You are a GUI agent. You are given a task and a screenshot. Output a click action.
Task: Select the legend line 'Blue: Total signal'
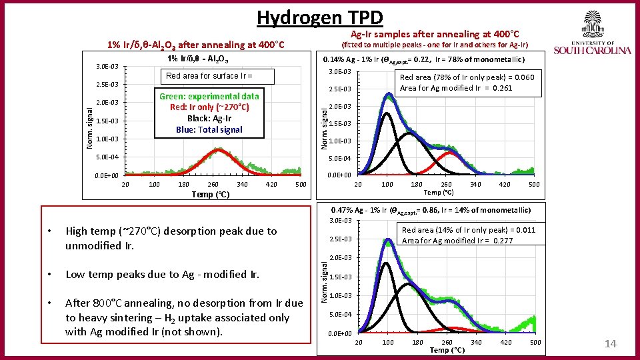click(209, 129)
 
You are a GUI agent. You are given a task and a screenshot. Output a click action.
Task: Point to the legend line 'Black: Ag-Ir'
click(209, 118)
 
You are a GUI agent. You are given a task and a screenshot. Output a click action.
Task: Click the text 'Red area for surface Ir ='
click(209, 76)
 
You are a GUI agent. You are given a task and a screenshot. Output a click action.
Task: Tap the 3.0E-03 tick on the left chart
click(107, 67)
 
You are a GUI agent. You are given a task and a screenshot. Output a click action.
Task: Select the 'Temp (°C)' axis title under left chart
click(210, 195)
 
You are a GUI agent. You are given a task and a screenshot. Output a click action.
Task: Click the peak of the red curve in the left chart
click(217, 149)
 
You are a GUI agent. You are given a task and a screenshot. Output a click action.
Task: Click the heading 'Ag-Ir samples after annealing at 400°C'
click(435, 34)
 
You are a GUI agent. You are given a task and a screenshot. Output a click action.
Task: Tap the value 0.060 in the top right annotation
click(524, 77)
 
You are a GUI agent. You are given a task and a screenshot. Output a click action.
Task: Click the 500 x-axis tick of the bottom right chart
click(535, 343)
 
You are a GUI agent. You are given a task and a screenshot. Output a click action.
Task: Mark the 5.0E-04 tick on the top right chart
click(339, 159)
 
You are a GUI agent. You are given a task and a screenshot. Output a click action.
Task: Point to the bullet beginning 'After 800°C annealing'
click(183, 317)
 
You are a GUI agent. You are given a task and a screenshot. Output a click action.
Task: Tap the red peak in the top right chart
click(451, 153)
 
